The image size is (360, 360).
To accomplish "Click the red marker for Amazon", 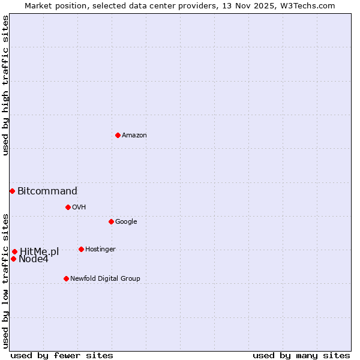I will pos(118,135).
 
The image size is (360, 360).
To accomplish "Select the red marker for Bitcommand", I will pos(12,191).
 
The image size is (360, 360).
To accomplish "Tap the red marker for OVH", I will pos(68,207).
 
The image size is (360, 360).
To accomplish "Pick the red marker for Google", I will pos(111,221).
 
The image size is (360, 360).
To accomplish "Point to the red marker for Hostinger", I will pos(81,249).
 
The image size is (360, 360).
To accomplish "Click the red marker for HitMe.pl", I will pos(14,251).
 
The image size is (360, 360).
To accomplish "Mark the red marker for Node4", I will pos(13,259).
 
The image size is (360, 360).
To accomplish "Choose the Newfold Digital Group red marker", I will pos(66,278).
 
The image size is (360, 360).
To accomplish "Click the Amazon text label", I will pos(134,136).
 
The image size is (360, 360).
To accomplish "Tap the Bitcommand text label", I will pos(47,191).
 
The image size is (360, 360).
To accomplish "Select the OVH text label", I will pos(79,208).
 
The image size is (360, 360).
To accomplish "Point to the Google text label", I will pos(126,222).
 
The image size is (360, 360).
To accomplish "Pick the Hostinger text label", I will pos(100,250).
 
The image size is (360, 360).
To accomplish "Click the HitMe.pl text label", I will pos(40,252).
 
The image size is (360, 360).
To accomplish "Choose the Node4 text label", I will pos(34,259).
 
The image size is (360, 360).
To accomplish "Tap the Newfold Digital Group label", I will pos(105,279).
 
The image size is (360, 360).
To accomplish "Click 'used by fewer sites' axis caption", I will pos(62,356).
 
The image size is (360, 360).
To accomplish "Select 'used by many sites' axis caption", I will pos(301,356).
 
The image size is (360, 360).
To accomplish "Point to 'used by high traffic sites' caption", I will pos(6,85).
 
